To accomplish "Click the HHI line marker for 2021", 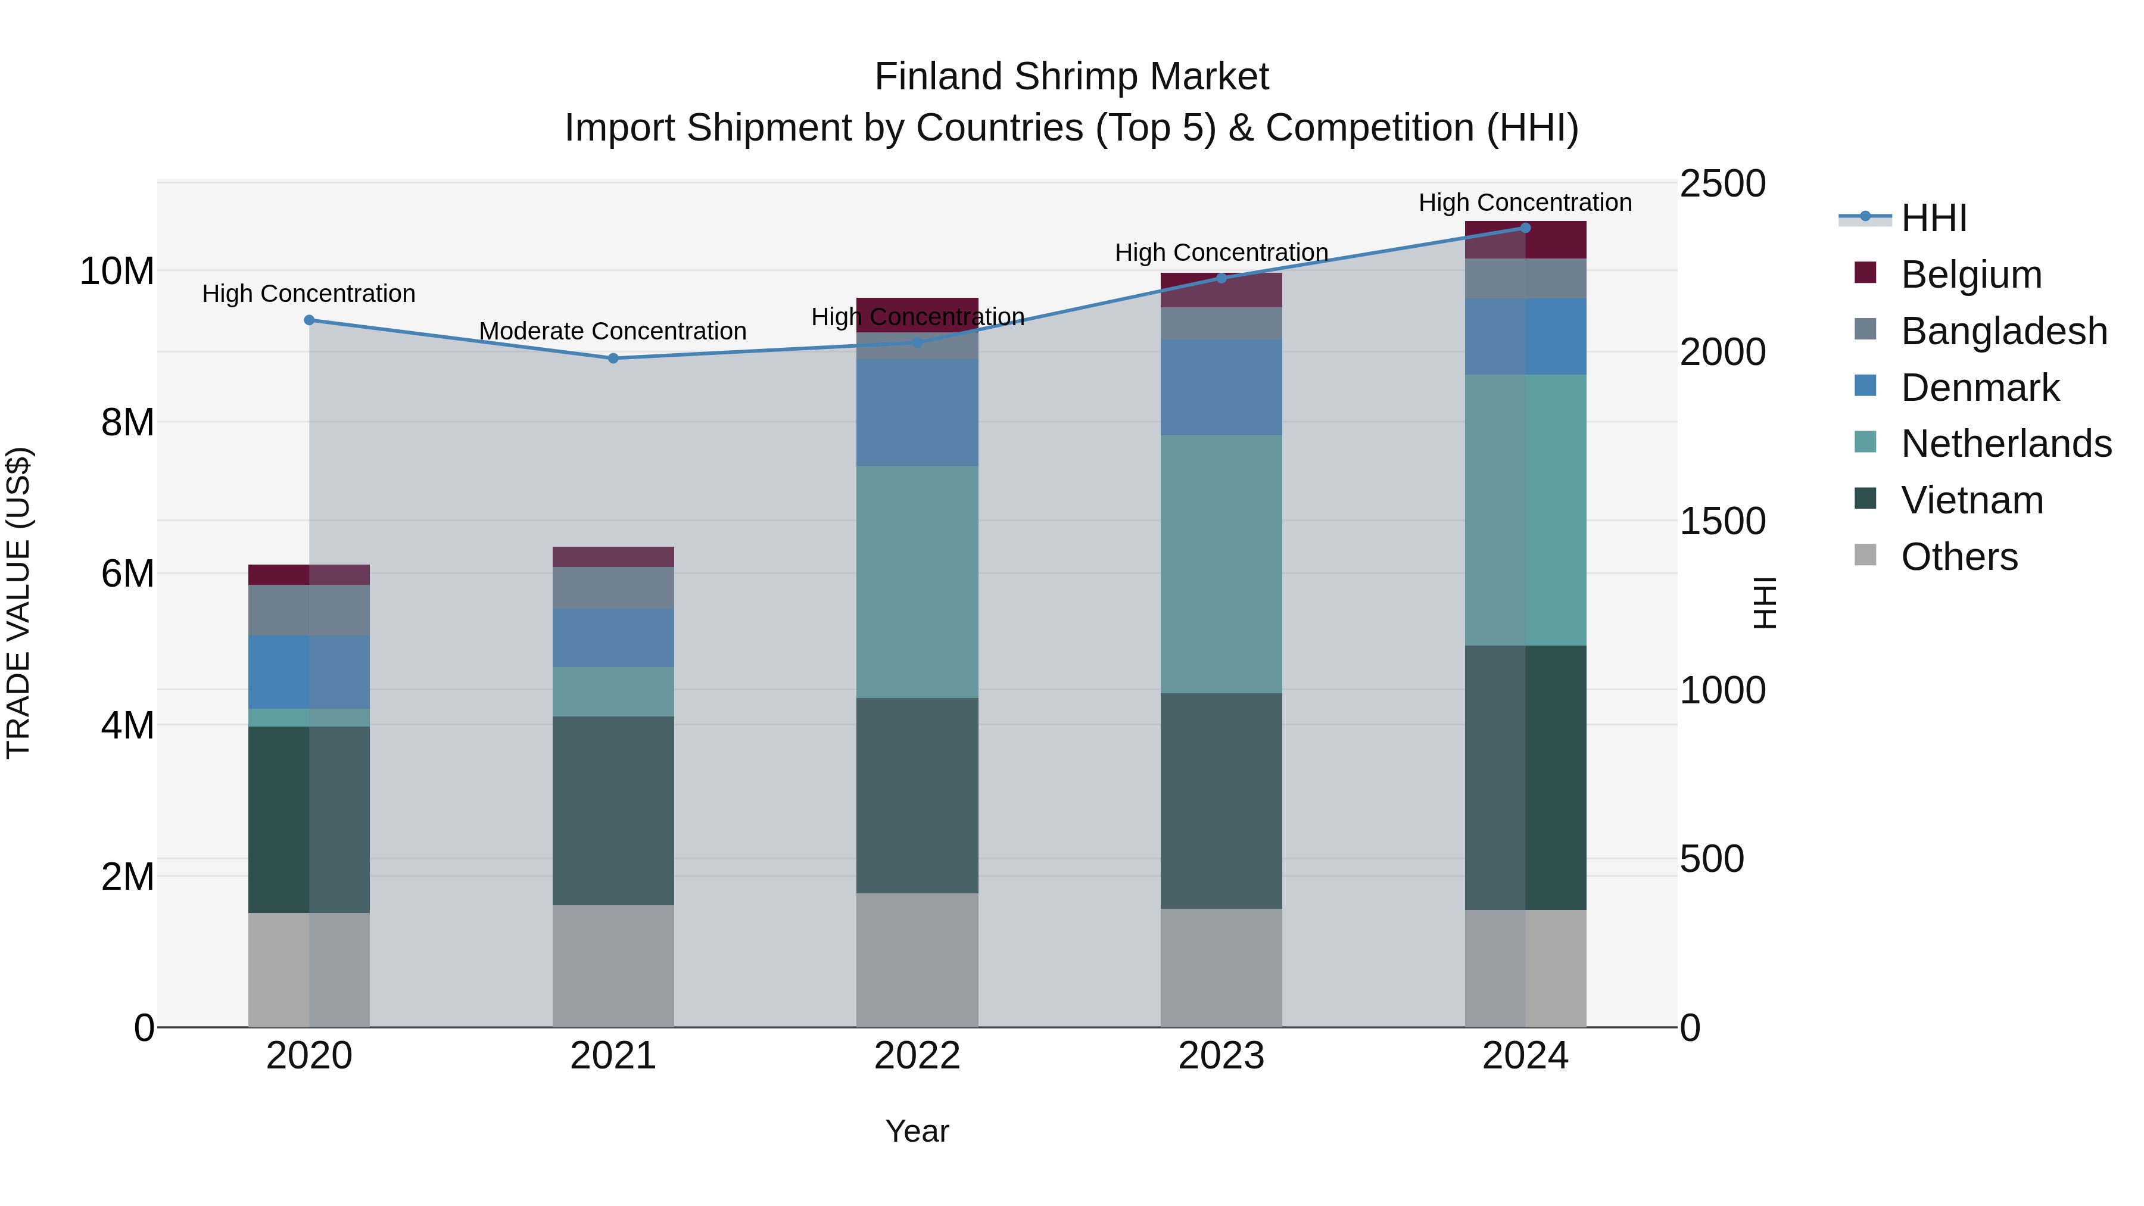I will (613, 359).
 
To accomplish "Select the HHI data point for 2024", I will (1526, 228).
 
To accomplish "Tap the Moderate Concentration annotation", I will (613, 331).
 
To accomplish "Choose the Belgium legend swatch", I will (1865, 273).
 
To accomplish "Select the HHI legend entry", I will (1933, 218).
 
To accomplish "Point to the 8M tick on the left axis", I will (127, 423).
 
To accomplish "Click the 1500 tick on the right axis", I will (1721, 522).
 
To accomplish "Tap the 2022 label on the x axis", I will (917, 1056).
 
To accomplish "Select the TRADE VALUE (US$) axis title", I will (18, 603).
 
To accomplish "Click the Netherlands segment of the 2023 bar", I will (1221, 565).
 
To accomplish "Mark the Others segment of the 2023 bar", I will (1221, 967).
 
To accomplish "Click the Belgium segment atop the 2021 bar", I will (613, 557).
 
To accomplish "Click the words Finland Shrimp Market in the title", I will (1071, 77).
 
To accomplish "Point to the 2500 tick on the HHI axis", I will (1721, 184).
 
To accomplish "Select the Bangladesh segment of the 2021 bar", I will (613, 588).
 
